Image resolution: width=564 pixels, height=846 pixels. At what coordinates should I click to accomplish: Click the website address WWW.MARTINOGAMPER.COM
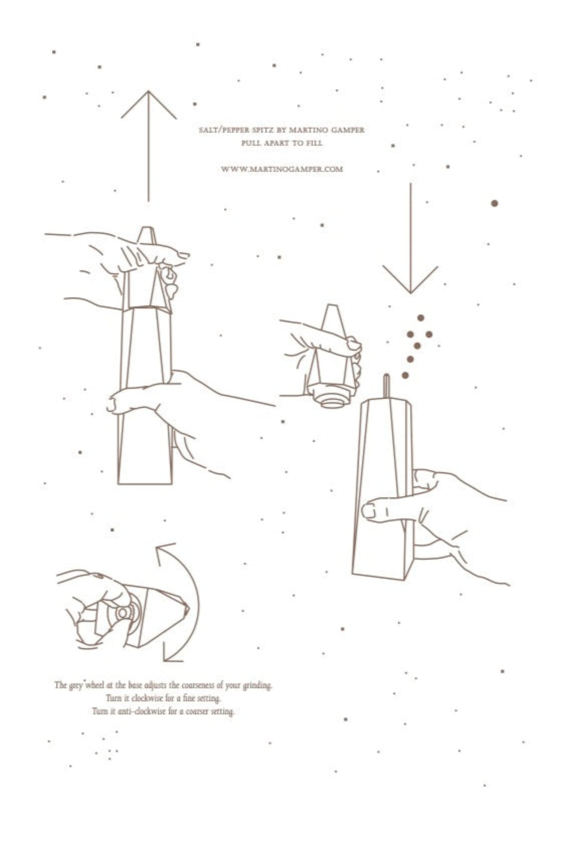click(282, 170)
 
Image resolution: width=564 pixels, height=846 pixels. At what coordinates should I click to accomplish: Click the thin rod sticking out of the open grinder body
click(386, 386)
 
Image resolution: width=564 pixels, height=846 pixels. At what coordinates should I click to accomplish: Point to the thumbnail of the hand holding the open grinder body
click(369, 510)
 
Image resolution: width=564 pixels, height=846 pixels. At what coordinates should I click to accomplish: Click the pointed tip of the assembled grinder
click(146, 228)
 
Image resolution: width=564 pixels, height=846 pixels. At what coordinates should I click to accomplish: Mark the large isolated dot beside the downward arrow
click(494, 203)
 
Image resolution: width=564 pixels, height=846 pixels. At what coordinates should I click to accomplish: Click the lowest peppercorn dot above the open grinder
click(405, 375)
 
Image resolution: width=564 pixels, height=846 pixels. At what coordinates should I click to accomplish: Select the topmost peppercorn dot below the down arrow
click(421, 318)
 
